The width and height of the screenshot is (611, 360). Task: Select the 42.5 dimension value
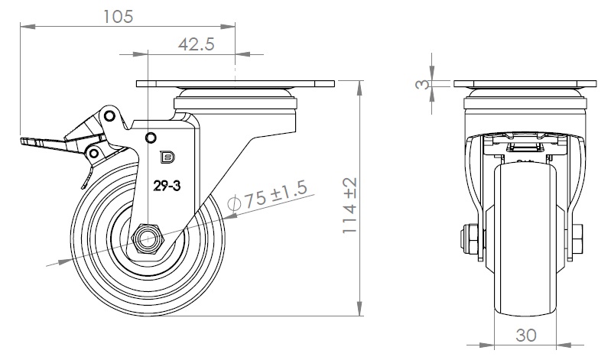click(195, 44)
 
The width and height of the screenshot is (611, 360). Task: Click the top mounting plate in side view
click(235, 84)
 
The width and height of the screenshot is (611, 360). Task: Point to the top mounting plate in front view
click(525, 84)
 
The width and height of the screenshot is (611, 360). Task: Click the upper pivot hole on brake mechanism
click(110, 116)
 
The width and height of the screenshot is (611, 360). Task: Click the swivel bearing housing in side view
click(235, 102)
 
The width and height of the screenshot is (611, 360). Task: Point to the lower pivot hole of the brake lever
click(93, 154)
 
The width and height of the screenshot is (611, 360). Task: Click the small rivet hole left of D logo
click(151, 138)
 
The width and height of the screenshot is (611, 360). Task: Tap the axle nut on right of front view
click(579, 238)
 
